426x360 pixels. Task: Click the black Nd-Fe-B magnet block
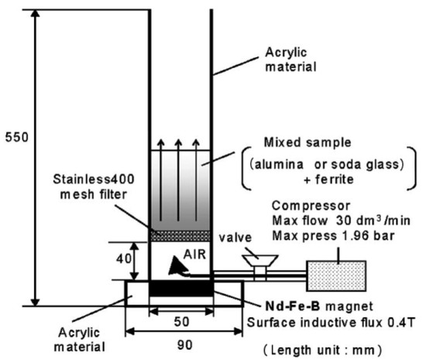[180, 288]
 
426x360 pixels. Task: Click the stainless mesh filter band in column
[180, 233]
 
